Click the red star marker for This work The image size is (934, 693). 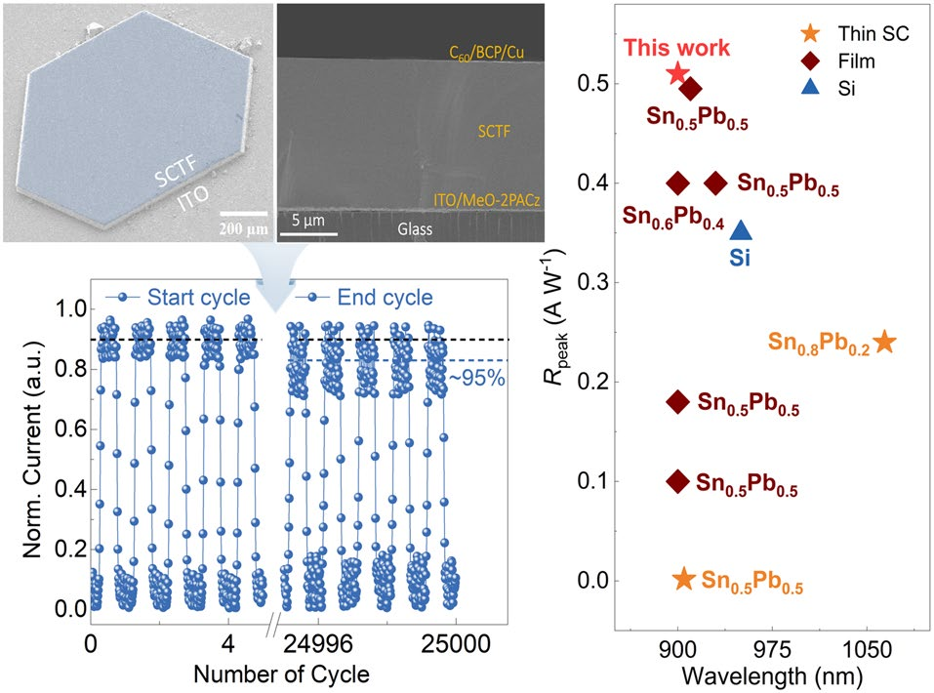point(678,73)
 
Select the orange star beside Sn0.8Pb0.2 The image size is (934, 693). point(884,342)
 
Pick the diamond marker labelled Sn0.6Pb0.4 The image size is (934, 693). point(678,183)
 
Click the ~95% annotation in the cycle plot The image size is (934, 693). point(476,378)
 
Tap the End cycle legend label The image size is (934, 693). point(384,297)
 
